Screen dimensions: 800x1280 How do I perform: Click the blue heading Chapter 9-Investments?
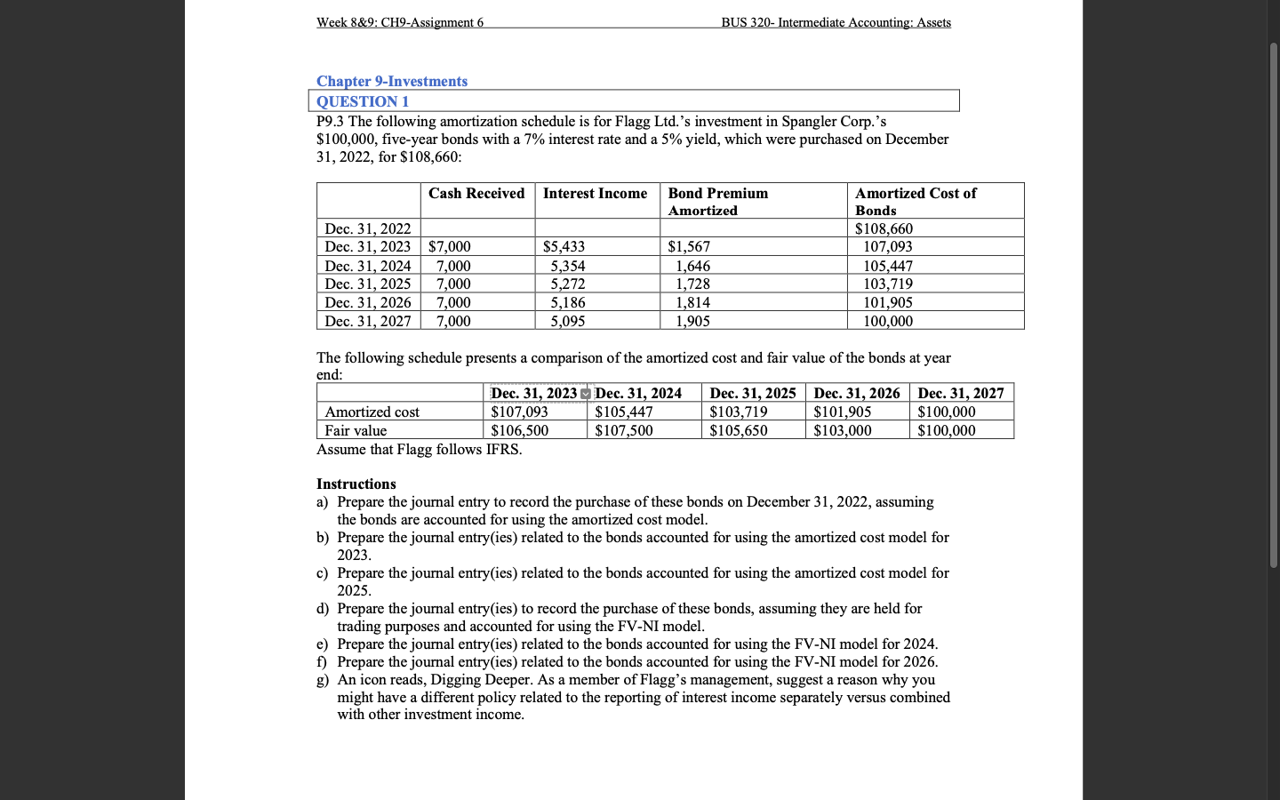(x=391, y=81)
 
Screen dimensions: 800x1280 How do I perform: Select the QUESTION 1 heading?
(x=363, y=101)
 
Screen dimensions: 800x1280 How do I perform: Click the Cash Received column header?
(x=476, y=194)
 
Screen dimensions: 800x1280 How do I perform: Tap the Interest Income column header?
(x=595, y=194)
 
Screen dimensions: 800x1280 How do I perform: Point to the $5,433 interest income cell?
(x=564, y=247)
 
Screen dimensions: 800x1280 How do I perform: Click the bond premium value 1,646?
(x=692, y=266)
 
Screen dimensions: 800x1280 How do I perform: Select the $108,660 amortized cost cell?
(x=884, y=229)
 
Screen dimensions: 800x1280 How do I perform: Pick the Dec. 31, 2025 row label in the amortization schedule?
(x=368, y=284)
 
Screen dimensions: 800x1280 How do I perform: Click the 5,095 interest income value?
(x=567, y=321)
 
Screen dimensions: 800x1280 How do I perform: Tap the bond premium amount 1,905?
(x=692, y=321)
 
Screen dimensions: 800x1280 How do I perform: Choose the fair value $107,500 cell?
(x=623, y=431)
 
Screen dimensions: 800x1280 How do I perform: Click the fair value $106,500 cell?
(x=519, y=431)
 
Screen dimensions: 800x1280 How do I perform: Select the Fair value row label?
(x=356, y=431)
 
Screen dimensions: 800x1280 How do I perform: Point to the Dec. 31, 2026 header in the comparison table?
(x=857, y=394)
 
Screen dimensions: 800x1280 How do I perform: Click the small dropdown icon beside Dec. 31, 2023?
(x=585, y=394)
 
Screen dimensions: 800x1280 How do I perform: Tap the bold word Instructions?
(x=356, y=484)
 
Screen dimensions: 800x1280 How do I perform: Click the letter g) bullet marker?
(x=323, y=680)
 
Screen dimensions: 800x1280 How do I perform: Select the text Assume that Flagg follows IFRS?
(x=419, y=450)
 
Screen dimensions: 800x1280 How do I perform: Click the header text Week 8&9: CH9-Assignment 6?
(x=400, y=22)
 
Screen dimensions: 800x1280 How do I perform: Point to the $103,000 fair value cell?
(x=842, y=431)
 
